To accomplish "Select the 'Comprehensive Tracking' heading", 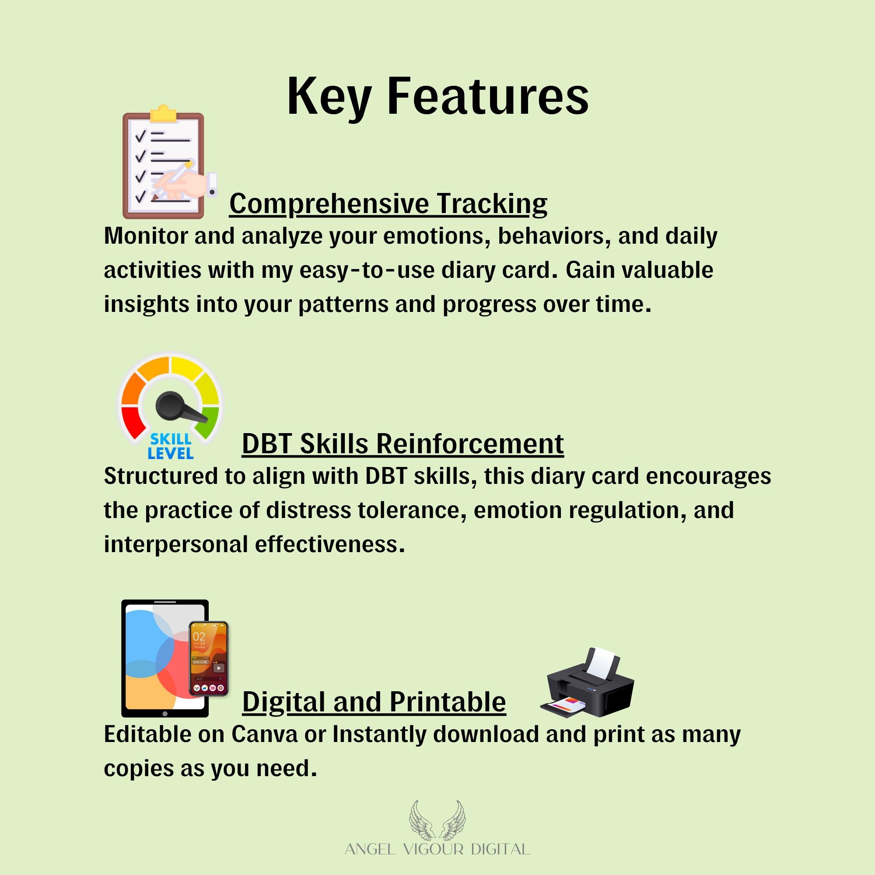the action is (x=388, y=204).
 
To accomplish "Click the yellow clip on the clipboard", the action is (x=163, y=115).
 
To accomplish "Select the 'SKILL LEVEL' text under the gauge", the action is (x=170, y=446).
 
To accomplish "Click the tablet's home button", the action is (x=165, y=714).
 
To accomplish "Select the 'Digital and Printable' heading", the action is (x=374, y=703).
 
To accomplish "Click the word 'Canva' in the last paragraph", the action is (x=265, y=735).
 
